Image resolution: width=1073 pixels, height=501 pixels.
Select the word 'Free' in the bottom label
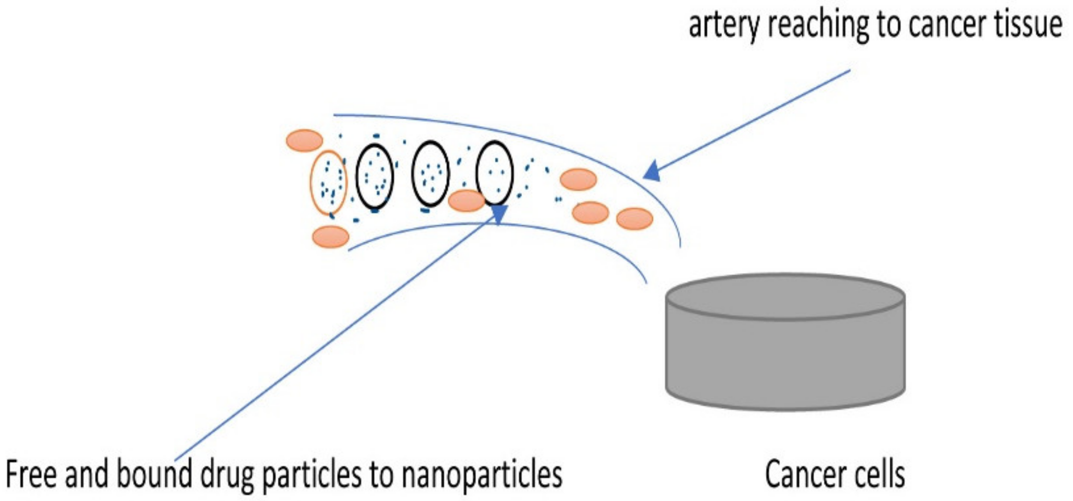coord(31,475)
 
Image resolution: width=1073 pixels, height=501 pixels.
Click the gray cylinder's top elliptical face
coord(785,297)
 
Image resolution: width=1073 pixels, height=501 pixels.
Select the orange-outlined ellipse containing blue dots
coord(328,183)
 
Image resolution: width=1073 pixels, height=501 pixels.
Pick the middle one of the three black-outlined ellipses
coord(431,174)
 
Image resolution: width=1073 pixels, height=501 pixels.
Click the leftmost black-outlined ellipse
coord(374,176)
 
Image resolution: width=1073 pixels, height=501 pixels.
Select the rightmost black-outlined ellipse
coord(494,173)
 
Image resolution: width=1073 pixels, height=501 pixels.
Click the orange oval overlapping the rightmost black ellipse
coord(466,200)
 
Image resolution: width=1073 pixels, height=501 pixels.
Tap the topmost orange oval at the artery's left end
coord(304,140)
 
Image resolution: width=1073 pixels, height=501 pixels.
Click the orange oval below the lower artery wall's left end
coord(330,236)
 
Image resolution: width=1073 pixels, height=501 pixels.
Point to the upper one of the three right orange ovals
coord(578,180)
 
